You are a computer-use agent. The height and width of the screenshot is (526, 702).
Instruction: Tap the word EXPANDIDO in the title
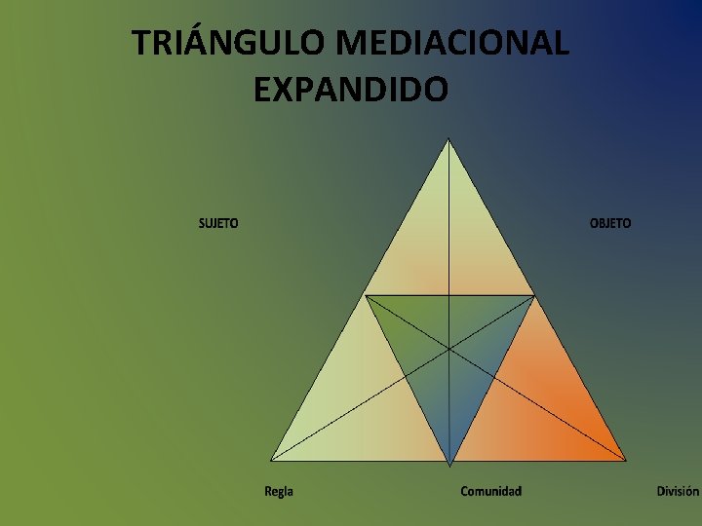(x=350, y=90)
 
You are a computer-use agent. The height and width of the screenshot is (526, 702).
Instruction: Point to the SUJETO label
(x=218, y=223)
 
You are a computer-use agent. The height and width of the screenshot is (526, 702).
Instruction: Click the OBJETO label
(x=610, y=223)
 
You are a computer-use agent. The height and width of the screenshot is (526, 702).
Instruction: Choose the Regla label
(x=279, y=491)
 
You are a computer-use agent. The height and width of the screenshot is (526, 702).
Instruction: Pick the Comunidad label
(x=490, y=491)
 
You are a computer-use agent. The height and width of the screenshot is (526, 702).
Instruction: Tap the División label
(x=677, y=491)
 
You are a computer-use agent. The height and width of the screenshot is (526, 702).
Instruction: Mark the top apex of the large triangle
(x=448, y=139)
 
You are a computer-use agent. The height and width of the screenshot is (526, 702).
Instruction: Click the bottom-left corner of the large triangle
(x=271, y=460)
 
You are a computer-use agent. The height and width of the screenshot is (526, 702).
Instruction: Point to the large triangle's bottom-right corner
(x=626, y=460)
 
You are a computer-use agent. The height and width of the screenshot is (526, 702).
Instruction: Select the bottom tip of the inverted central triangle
(x=449, y=463)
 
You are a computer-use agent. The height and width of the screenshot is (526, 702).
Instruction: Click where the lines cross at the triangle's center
(x=449, y=348)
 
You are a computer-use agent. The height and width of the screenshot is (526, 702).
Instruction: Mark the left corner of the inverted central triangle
(x=366, y=295)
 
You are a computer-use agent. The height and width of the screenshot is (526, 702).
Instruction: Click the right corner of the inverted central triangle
(x=534, y=295)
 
